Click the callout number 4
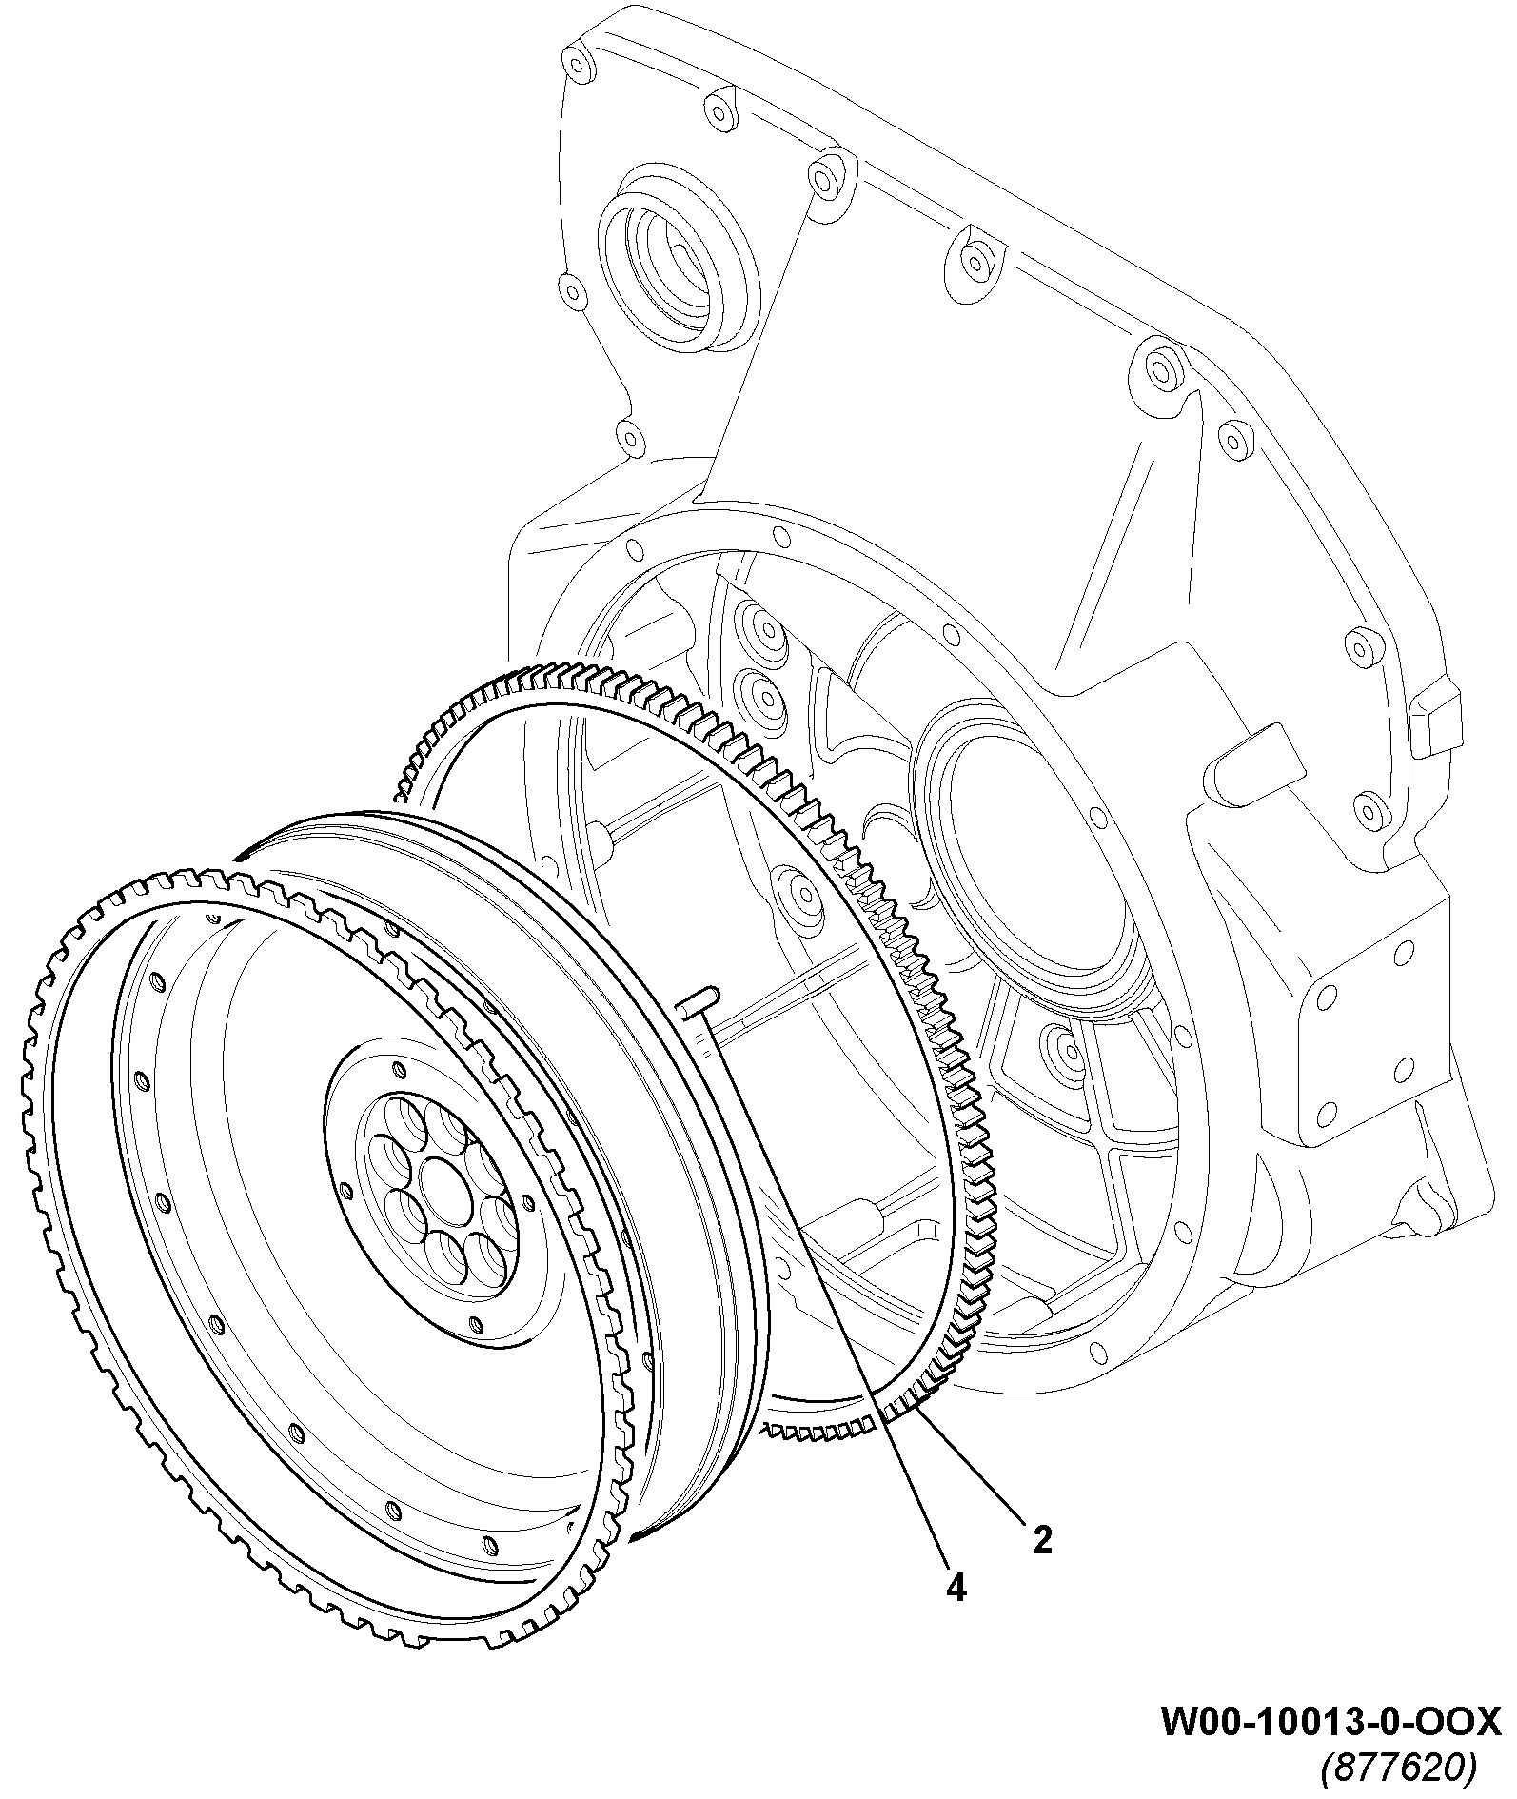click(x=956, y=1587)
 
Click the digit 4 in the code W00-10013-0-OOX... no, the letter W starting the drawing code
click(x=1177, y=1721)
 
